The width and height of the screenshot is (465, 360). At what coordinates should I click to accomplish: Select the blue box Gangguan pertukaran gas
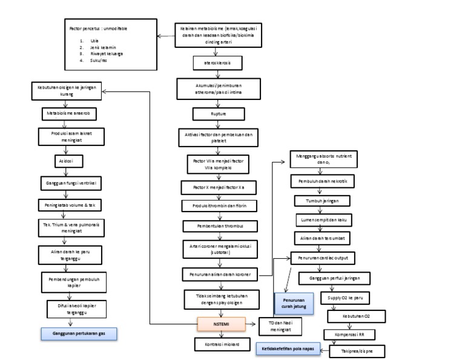(79, 333)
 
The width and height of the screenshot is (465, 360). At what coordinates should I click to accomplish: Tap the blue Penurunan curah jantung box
(289, 301)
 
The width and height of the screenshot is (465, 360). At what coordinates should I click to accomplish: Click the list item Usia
(94, 40)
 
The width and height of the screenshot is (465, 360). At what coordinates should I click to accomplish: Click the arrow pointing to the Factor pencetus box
(163, 36)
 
